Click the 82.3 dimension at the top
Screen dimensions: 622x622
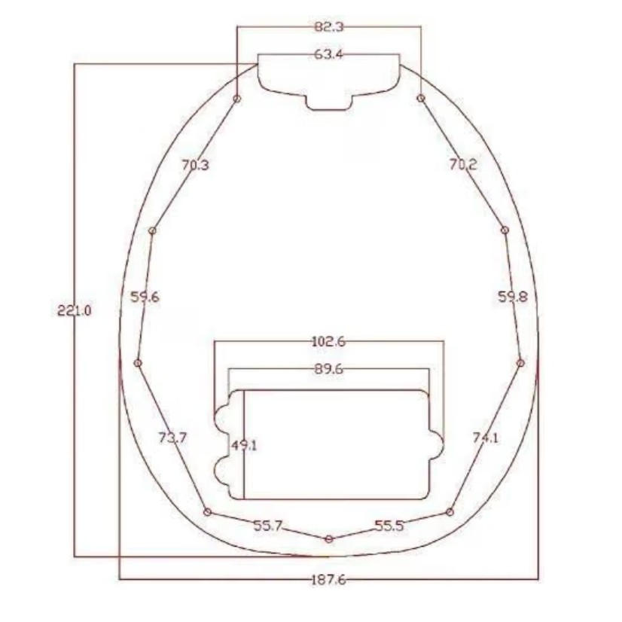click(x=329, y=27)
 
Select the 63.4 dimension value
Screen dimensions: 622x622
click(x=328, y=54)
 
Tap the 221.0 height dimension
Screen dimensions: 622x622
click(x=75, y=309)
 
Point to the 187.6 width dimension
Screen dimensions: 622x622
click(x=328, y=580)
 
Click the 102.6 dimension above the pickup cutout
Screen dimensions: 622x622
click(x=329, y=341)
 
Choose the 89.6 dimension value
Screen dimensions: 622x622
click(x=329, y=369)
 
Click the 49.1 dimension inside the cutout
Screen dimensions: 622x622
click(x=244, y=446)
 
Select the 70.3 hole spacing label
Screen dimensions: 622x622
click(x=195, y=165)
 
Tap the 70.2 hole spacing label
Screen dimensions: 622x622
click(x=463, y=164)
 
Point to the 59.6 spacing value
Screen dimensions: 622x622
click(x=145, y=297)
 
